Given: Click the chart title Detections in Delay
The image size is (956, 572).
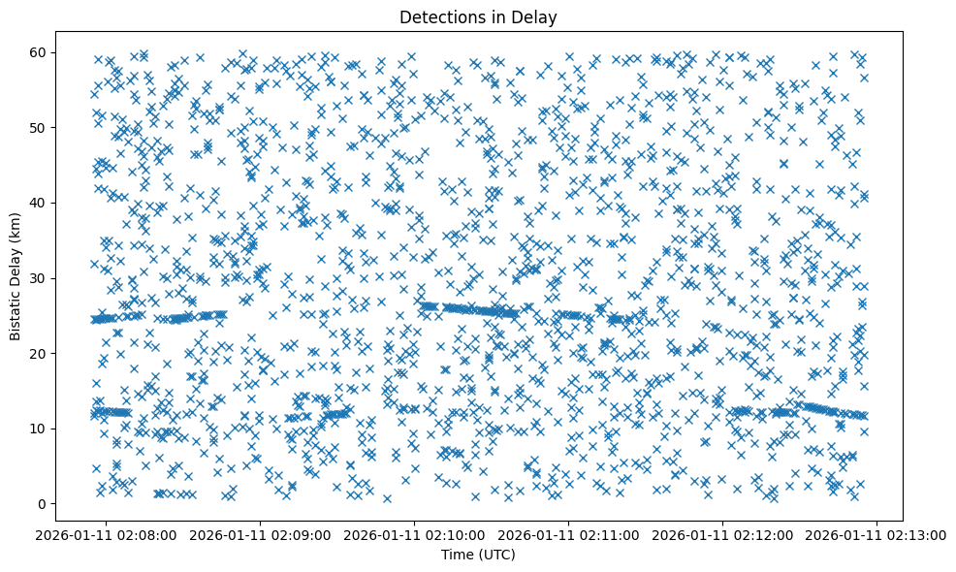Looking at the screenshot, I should (478, 16).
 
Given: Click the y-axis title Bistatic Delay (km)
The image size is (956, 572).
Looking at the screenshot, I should (16, 276).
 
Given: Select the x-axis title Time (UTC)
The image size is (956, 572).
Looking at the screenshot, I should (478, 555).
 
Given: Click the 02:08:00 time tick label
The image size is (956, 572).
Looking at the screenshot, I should (107, 534).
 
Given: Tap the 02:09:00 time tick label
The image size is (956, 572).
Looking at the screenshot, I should (261, 534).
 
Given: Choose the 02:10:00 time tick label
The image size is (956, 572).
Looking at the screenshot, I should (415, 534).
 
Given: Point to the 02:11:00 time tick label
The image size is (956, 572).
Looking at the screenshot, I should (569, 534).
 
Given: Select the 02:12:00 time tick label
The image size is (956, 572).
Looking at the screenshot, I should (723, 534).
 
